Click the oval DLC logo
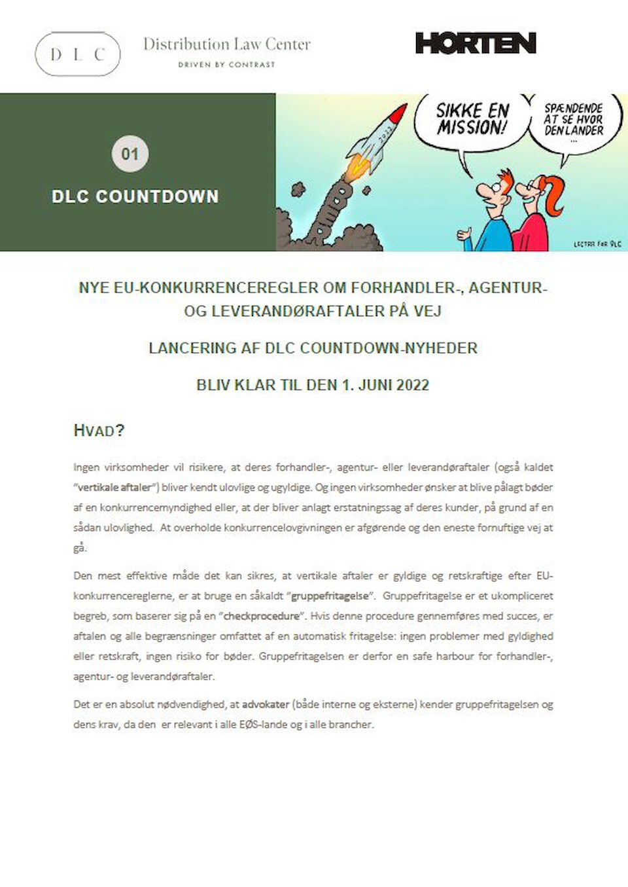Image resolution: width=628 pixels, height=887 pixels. click(x=77, y=54)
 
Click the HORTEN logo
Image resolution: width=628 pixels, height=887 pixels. click(x=476, y=43)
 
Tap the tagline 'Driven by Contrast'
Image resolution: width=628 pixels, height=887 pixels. click(x=226, y=65)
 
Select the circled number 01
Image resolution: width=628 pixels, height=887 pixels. click(x=130, y=154)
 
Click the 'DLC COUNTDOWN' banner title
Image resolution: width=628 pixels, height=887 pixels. click(x=135, y=196)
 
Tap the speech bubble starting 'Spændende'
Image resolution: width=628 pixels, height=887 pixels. click(x=574, y=120)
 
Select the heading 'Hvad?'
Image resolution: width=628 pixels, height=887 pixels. click(x=99, y=431)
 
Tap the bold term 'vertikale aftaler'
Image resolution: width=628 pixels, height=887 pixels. click(x=114, y=488)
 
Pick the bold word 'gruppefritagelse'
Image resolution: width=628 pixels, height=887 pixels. click(x=330, y=596)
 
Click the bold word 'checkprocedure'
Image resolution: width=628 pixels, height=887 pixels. click(x=262, y=616)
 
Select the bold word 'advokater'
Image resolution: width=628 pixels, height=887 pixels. click(x=266, y=704)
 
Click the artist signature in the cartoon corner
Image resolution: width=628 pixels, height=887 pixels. click(x=597, y=244)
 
